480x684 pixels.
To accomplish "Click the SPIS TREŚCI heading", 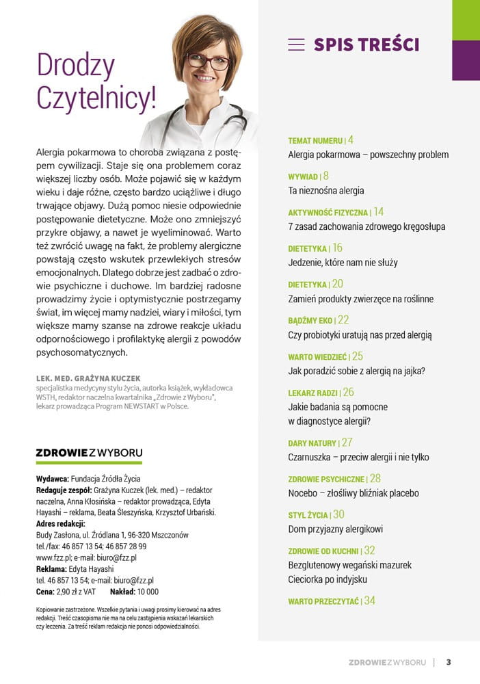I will (x=366, y=45).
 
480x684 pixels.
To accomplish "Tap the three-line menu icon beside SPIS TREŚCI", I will (x=296, y=45).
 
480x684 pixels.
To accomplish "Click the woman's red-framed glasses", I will (x=208, y=62).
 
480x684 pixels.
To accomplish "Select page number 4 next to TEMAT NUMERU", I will (x=351, y=140).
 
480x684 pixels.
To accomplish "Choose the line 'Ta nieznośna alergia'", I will (x=326, y=191).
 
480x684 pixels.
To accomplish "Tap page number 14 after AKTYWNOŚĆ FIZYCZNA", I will (x=379, y=212).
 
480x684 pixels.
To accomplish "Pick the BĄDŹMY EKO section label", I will (x=311, y=320).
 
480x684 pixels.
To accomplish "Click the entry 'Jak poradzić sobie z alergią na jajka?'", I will (x=357, y=371).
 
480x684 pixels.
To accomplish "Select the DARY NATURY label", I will (x=312, y=443).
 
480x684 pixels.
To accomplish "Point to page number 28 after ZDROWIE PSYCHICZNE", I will (x=375, y=479).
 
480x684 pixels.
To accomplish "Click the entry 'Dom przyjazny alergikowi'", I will (x=335, y=529).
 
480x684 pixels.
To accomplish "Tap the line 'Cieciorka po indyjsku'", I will (x=328, y=579).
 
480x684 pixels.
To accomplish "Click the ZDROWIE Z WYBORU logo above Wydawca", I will (x=89, y=452).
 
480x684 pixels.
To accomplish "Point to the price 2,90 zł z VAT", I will (x=75, y=592).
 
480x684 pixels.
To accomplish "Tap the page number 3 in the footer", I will (x=449, y=661).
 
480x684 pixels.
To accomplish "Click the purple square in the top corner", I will (x=466, y=60).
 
